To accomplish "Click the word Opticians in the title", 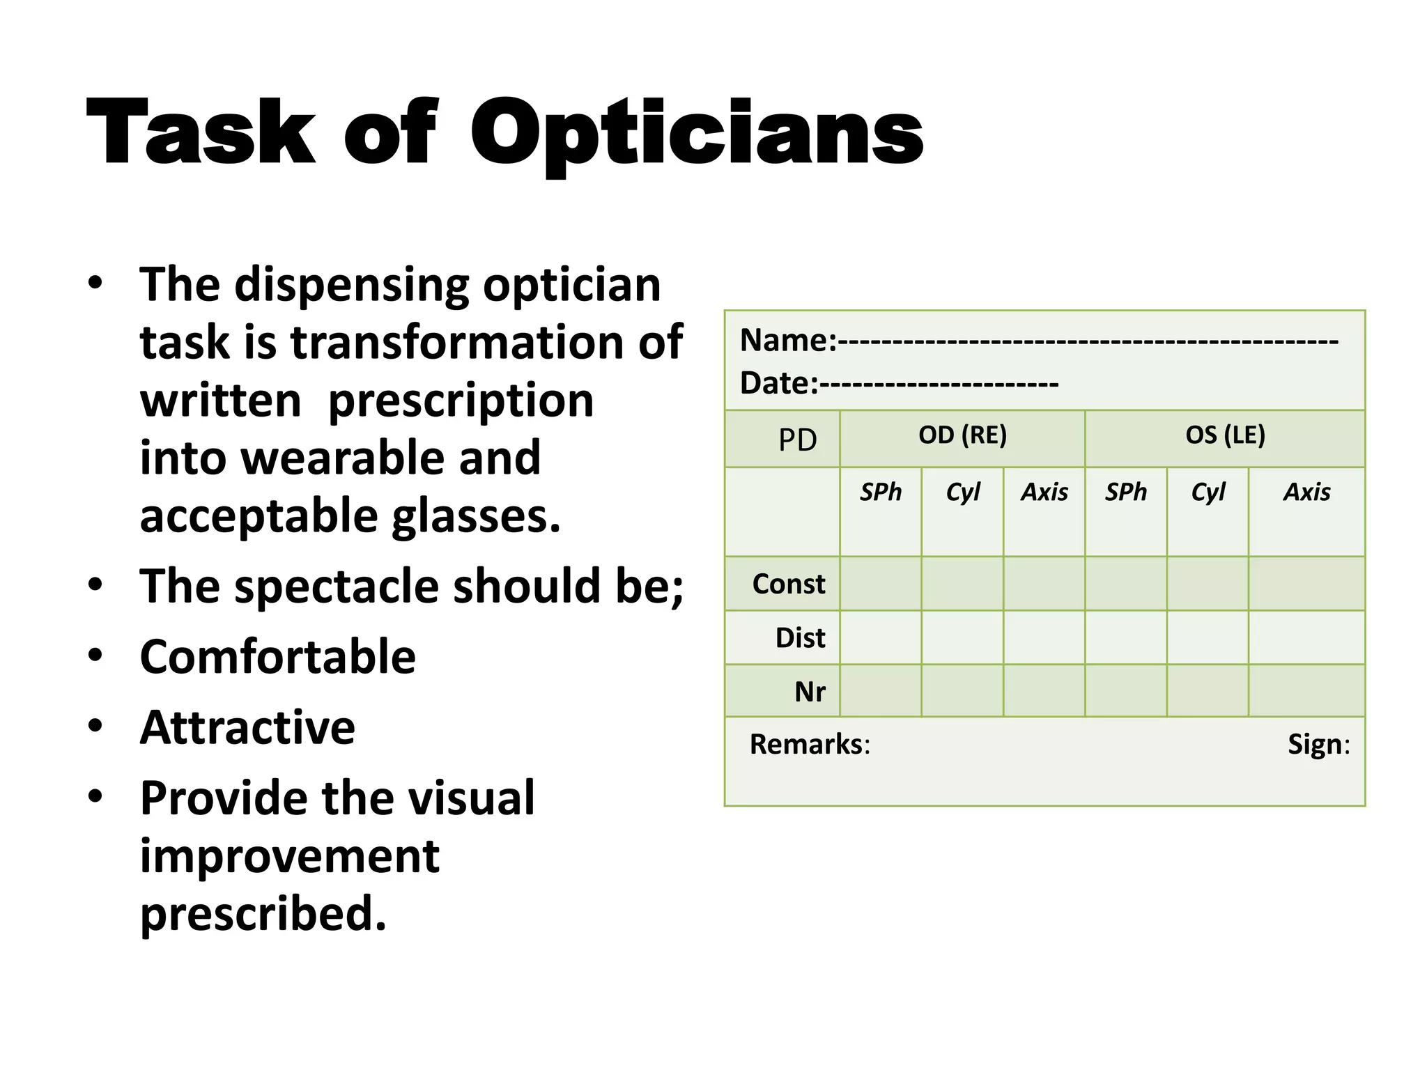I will click(697, 132).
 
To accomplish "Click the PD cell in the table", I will click(797, 440).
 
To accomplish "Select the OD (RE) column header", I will click(962, 435).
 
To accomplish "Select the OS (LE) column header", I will click(1225, 435).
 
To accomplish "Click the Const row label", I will click(788, 584).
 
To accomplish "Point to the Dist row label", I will click(800, 637).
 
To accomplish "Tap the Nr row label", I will click(810, 692).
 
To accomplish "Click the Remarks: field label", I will click(809, 744).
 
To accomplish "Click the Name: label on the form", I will click(787, 341).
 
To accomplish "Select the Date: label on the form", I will click(778, 383).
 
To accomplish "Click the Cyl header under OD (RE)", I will click(962, 493).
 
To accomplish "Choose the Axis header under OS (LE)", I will click(1306, 493).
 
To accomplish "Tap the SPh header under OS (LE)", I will click(1125, 493).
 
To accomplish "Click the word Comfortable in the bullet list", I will click(277, 657).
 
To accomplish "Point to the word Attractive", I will click(247, 727).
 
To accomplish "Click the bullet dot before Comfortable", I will click(95, 655).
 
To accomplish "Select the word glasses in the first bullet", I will click(475, 516).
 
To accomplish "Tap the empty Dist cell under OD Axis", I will click(1044, 637).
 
